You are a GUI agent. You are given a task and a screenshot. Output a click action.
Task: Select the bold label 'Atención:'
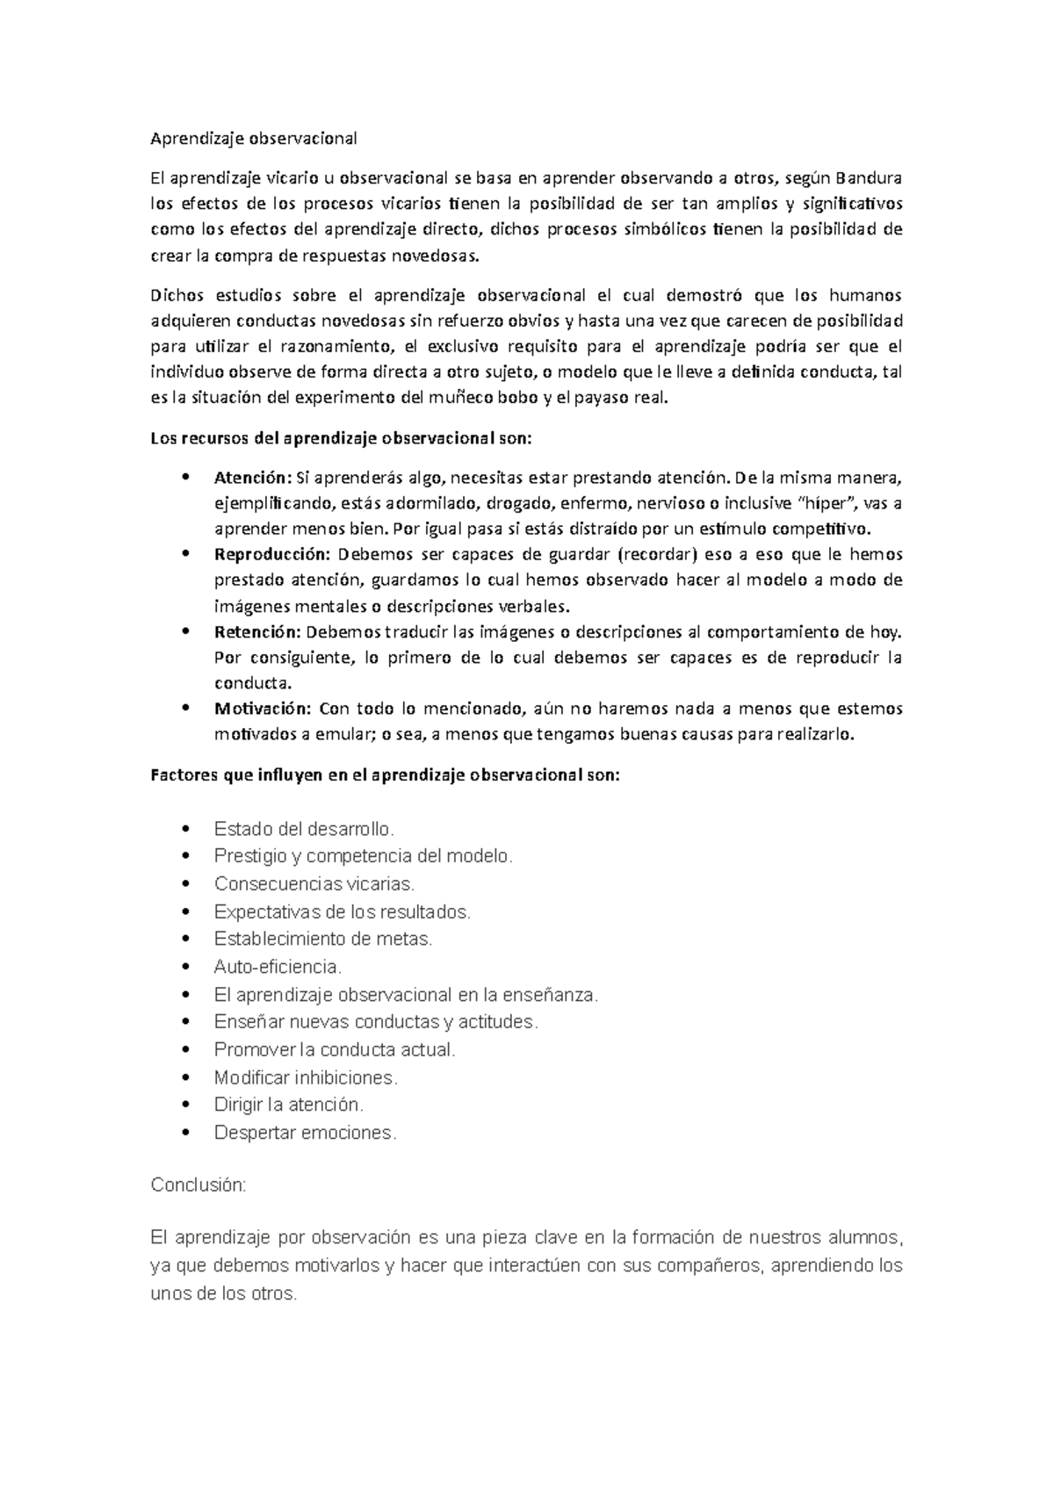(x=252, y=479)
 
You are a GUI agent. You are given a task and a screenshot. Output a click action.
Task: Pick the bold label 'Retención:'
(x=257, y=632)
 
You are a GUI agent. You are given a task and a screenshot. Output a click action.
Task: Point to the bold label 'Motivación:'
(x=263, y=709)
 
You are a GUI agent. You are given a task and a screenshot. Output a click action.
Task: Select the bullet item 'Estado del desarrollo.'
(x=304, y=829)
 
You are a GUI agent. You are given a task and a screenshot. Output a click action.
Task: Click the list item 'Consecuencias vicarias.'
(x=314, y=884)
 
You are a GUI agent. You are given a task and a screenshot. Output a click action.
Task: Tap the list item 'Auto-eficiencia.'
(x=278, y=967)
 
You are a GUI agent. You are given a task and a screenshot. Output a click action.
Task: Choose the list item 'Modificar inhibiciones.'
(x=306, y=1077)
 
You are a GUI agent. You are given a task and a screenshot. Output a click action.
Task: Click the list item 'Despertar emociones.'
(x=305, y=1133)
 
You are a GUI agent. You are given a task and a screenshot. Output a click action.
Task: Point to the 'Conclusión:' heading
(x=199, y=1185)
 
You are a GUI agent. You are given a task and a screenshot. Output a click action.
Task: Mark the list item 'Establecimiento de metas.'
(x=323, y=939)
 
